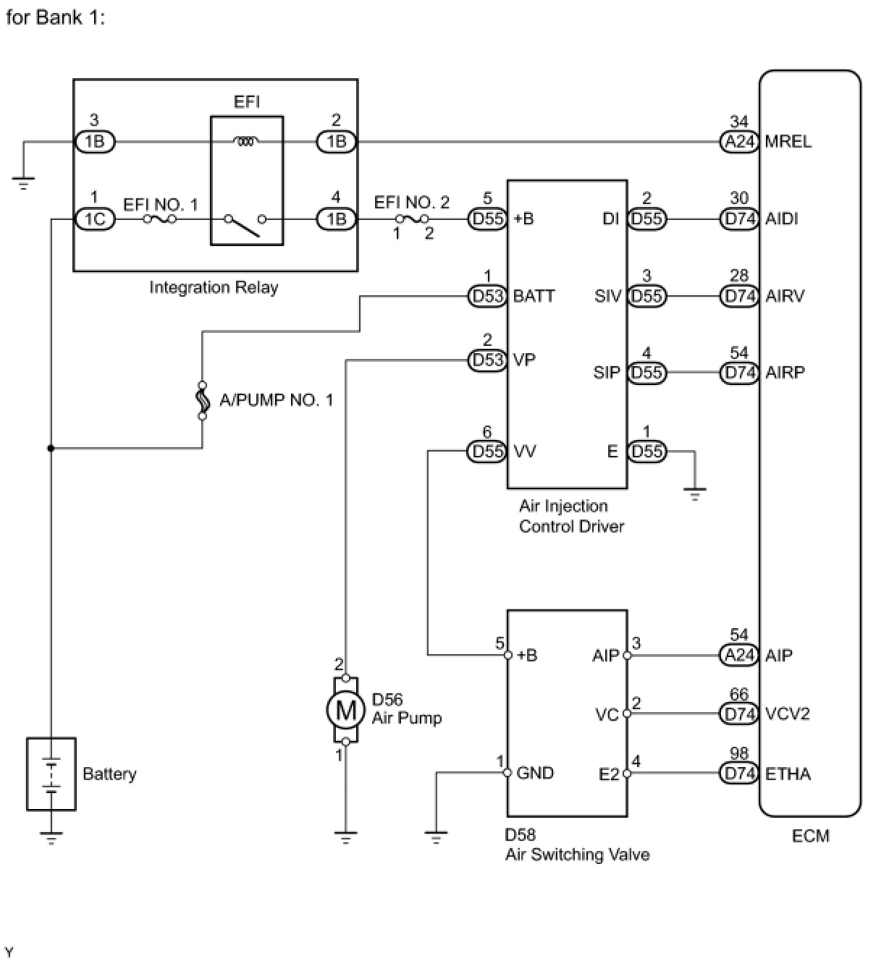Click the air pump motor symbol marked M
346,710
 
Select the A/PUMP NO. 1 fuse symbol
202,400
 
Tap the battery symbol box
51,774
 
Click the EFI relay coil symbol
246,141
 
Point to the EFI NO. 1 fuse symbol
160,219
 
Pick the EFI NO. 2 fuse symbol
412,219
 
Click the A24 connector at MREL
739,142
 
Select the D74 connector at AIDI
739,219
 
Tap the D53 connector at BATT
487,296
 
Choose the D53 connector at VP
487,360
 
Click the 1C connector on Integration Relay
95,219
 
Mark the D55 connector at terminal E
647,452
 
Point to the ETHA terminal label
788,774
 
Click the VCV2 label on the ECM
787,714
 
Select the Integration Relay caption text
214,287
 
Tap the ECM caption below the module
810,836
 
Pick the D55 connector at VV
487,452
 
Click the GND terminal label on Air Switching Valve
535,773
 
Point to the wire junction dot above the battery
51,449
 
